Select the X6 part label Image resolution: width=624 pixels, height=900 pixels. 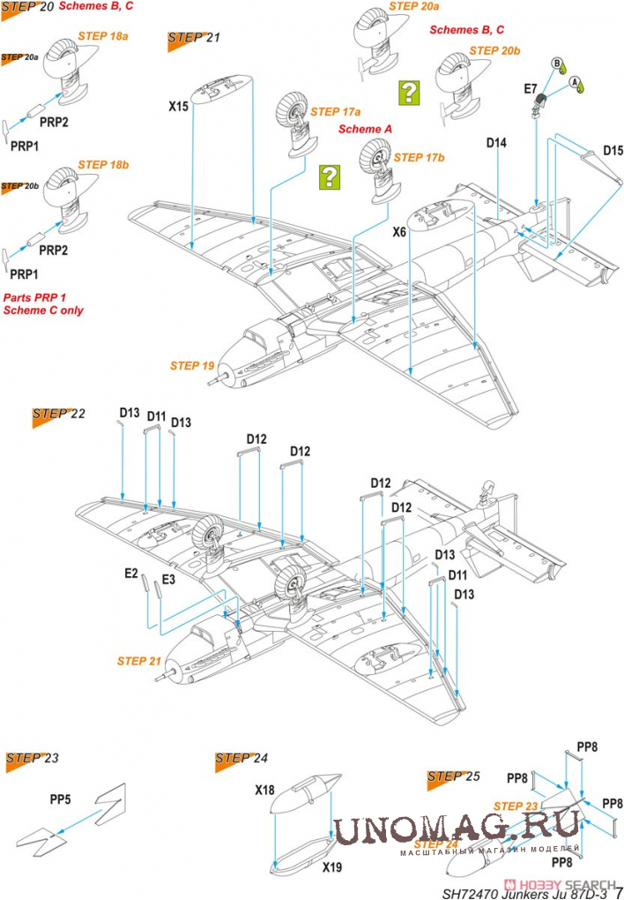tap(399, 232)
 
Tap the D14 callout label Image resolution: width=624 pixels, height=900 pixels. tap(496, 142)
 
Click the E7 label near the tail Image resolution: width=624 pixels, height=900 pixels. tap(531, 88)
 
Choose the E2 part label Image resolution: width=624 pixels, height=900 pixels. tap(130, 574)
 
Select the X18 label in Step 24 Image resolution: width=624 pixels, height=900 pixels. tap(265, 791)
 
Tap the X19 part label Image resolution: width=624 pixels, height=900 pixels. tap(331, 867)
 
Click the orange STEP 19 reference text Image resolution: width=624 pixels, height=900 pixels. tap(193, 364)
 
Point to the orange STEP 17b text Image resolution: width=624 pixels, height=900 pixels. tap(420, 157)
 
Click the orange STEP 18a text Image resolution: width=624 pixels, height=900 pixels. tap(103, 36)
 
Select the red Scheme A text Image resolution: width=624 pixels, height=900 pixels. tap(366, 129)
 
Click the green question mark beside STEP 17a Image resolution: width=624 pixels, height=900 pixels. tap(329, 177)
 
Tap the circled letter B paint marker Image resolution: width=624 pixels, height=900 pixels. tap(557, 64)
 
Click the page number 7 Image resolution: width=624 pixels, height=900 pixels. tap(618, 889)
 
